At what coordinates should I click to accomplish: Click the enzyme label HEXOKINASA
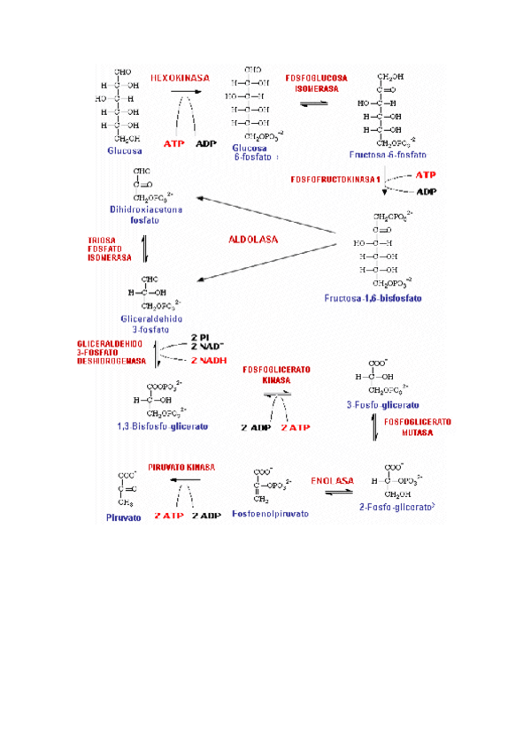[180, 78]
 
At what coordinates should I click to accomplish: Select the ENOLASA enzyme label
[332, 481]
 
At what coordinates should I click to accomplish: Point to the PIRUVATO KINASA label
[182, 465]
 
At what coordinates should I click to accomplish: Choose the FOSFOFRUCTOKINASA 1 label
[335, 180]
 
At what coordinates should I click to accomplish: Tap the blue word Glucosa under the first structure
[125, 150]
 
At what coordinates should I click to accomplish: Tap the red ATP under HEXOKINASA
[174, 142]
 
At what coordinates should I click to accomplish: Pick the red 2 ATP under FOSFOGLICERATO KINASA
[296, 427]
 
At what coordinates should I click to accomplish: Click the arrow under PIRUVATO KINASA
[184, 478]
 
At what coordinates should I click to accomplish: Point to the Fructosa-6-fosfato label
[387, 154]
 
